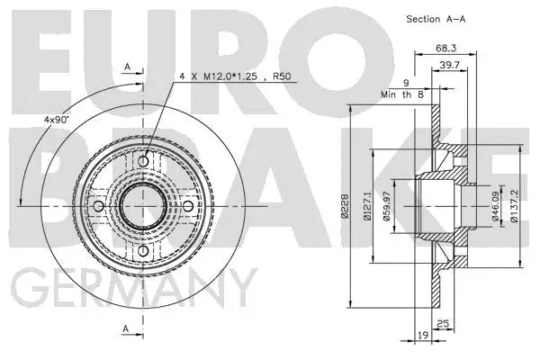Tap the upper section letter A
pos(127,66)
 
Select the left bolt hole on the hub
pos(99,205)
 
